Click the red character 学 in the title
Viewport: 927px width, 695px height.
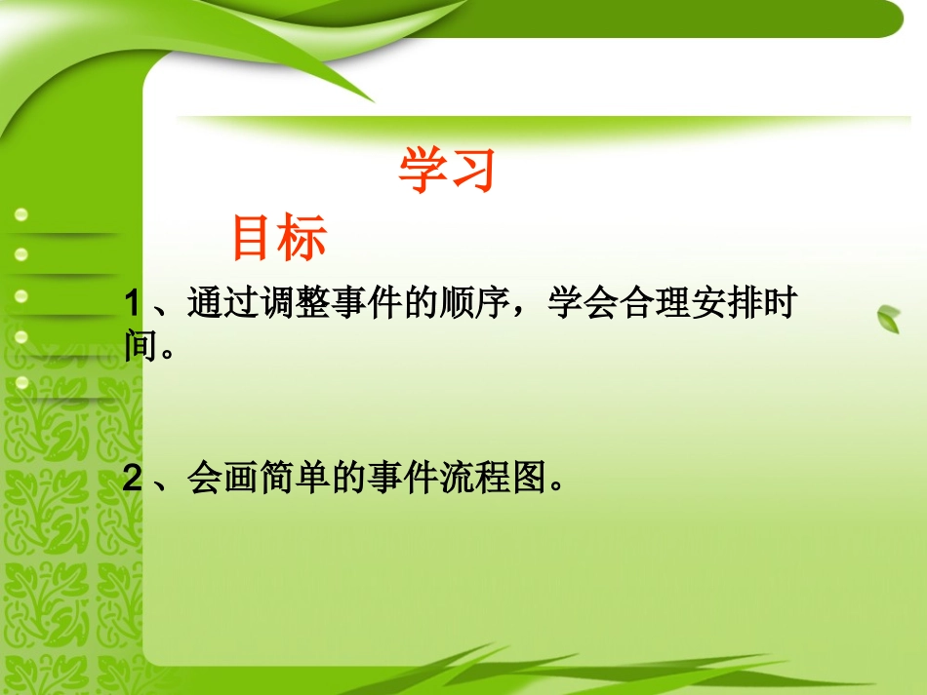[x=423, y=172]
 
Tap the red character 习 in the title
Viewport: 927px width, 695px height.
[x=473, y=172]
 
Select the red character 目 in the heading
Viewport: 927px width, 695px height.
[x=254, y=239]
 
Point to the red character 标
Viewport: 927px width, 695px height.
[x=303, y=239]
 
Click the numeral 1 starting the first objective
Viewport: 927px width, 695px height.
[x=134, y=305]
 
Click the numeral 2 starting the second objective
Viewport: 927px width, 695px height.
[x=134, y=479]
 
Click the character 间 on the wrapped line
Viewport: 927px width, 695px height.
[x=141, y=346]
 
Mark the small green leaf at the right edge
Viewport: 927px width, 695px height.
[x=889, y=318]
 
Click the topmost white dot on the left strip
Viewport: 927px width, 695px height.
[x=21, y=214]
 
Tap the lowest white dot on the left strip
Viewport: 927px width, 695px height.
[x=21, y=382]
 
